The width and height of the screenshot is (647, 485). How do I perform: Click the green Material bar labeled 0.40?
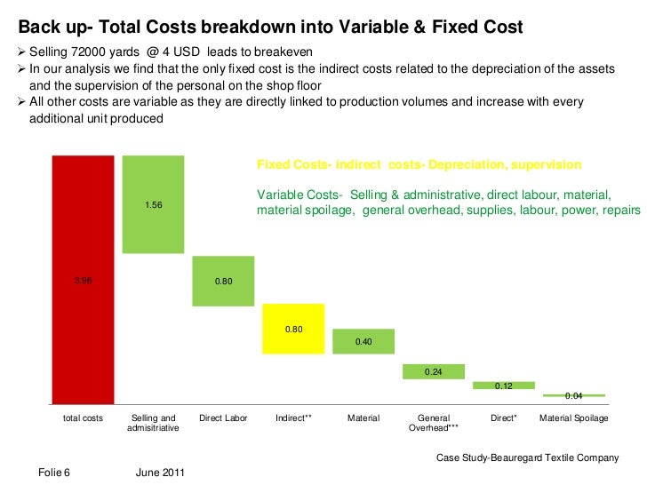click(363, 341)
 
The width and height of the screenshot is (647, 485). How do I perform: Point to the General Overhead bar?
click(434, 371)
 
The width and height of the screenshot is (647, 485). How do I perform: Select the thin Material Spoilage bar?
click(574, 394)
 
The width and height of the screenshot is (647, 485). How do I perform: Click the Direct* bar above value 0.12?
click(504, 386)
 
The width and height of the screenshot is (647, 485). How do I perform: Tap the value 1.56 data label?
click(153, 205)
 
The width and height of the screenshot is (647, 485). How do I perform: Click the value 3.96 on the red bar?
click(83, 281)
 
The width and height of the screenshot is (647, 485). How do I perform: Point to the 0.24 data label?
click(434, 372)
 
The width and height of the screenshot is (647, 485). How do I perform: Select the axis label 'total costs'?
click(83, 417)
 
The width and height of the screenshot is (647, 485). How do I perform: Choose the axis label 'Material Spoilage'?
click(574, 417)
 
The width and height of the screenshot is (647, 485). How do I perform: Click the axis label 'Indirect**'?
click(293, 417)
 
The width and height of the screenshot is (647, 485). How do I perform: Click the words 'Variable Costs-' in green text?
click(300, 195)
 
